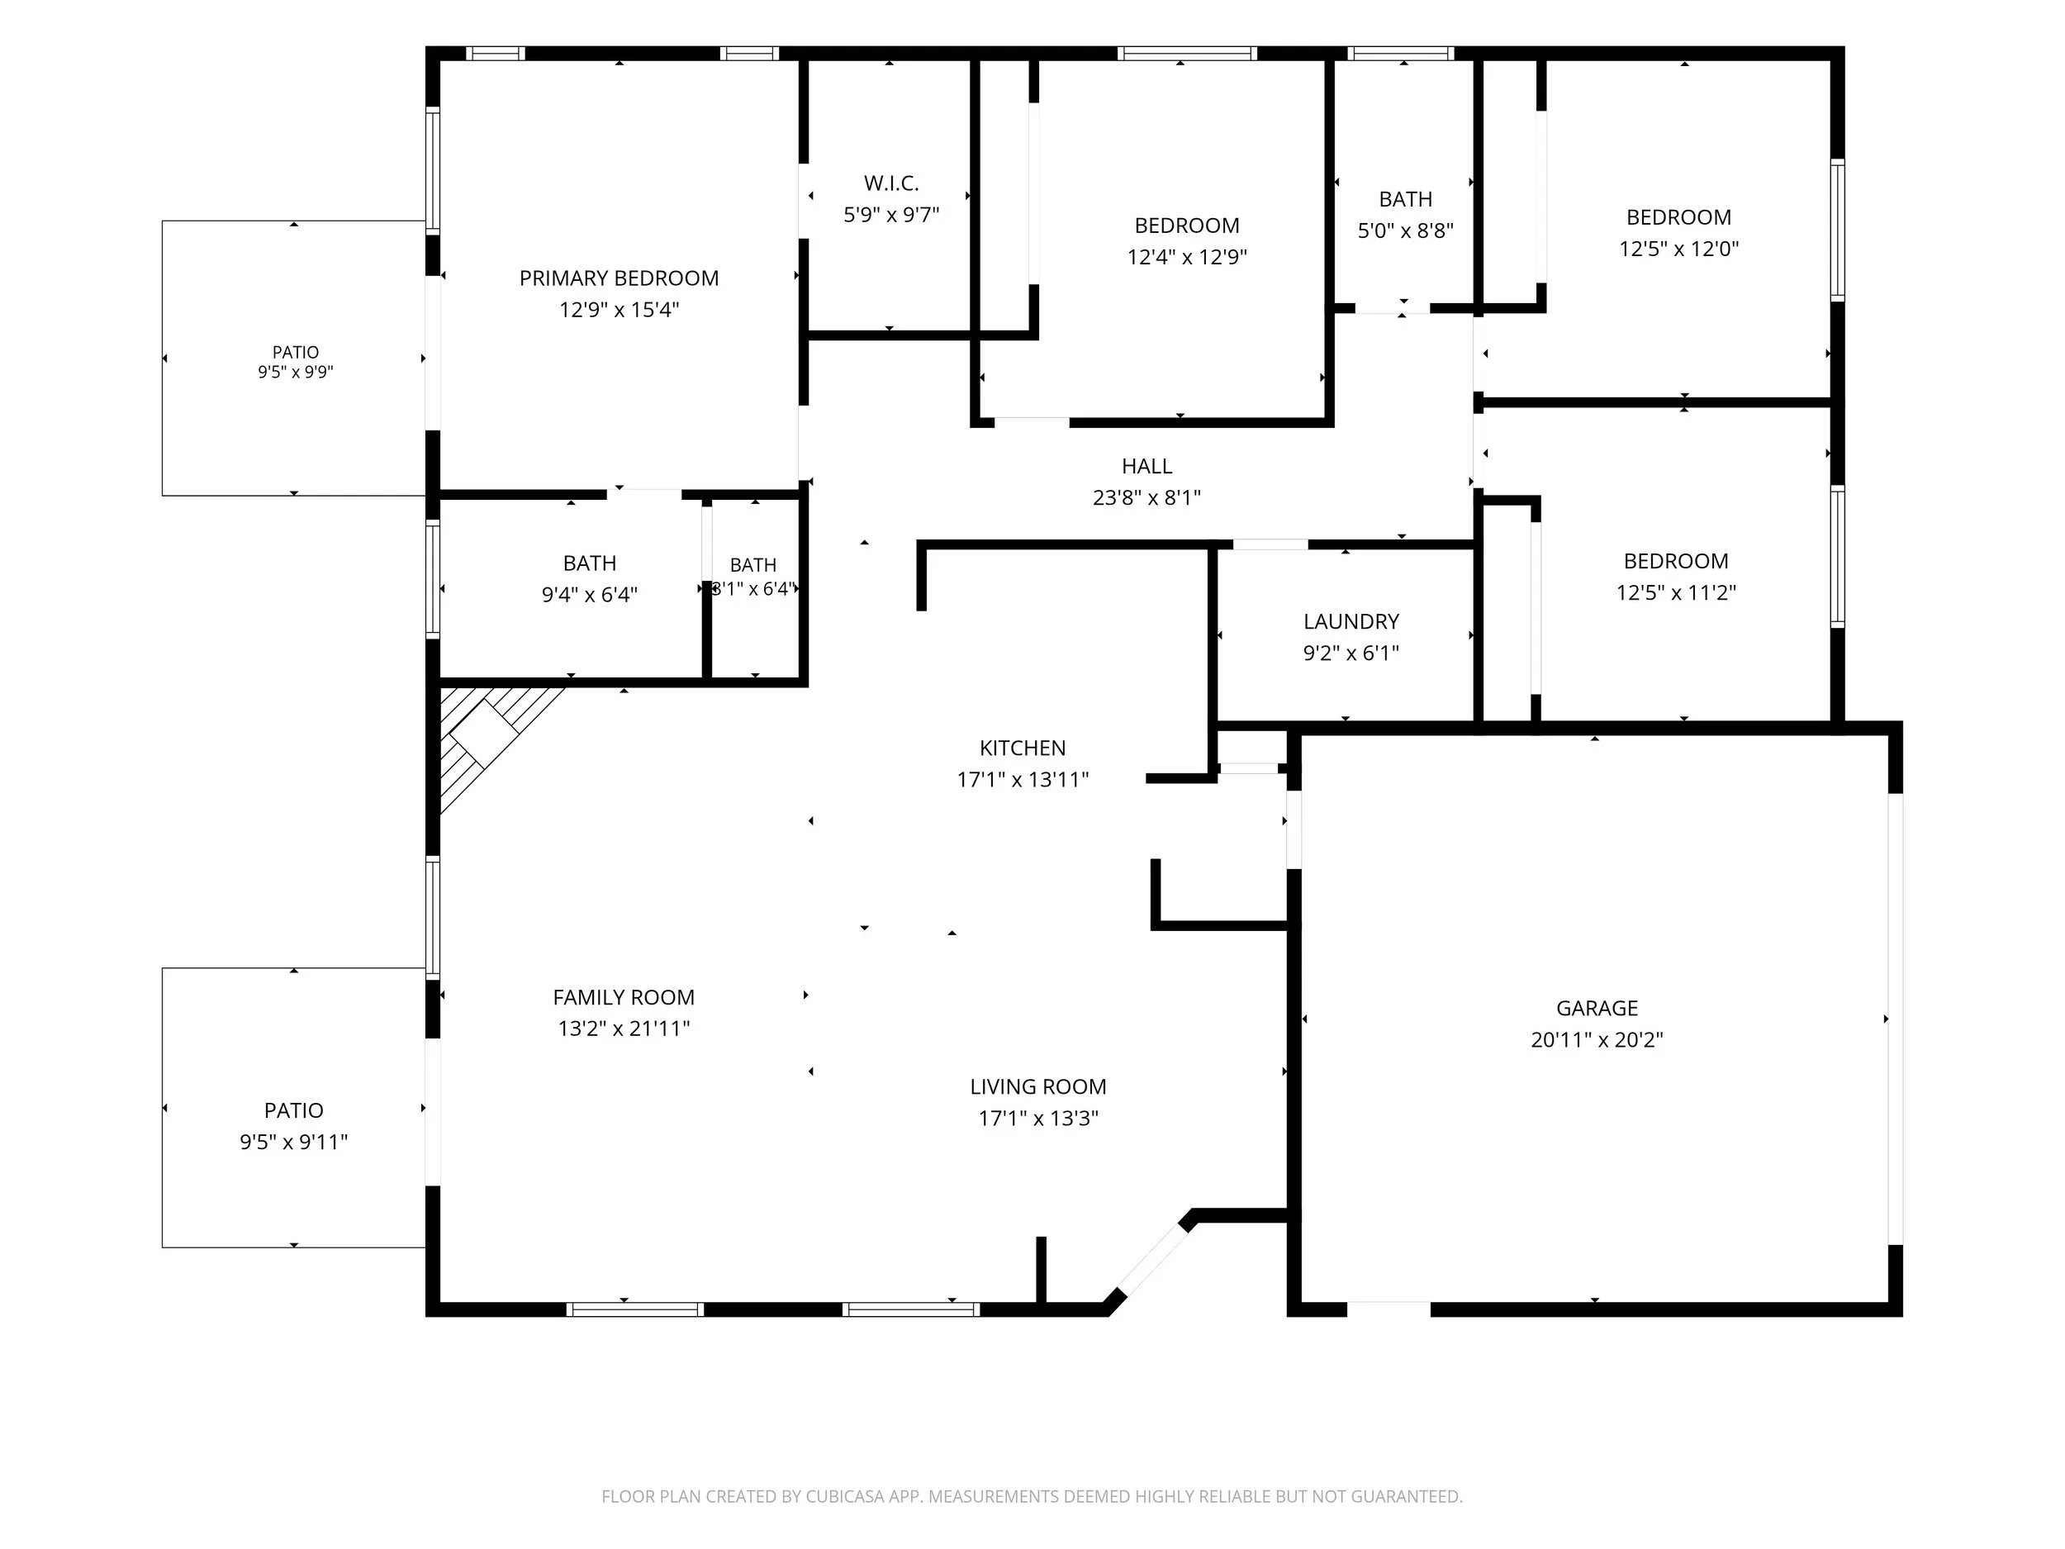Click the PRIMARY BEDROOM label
[x=619, y=278]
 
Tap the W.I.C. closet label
[x=891, y=183]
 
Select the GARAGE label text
[x=1597, y=1009]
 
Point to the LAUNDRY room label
[x=1351, y=622]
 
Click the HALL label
[x=1146, y=466]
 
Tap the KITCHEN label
[x=1023, y=748]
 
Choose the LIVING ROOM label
[x=1038, y=1087]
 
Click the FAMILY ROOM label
[x=624, y=997]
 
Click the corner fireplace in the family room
[x=490, y=738]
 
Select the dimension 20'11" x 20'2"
[x=1597, y=1039]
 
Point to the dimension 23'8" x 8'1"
[x=1146, y=497]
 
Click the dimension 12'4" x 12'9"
[x=1186, y=257]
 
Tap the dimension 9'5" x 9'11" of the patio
[x=294, y=1141]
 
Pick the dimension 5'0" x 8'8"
[x=1405, y=230]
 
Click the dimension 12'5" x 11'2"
[x=1676, y=592]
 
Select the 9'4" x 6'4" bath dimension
[x=589, y=595]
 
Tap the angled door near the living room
[x=1153, y=1259]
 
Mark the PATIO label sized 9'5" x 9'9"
[x=295, y=352]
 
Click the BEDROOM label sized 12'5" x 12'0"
[x=1678, y=217]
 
